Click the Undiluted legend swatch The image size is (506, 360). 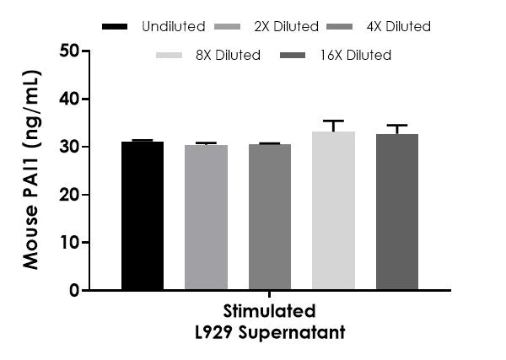click(x=115, y=27)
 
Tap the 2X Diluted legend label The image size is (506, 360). click(x=286, y=27)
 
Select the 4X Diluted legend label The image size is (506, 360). click(x=398, y=27)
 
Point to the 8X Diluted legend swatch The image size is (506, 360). click(x=170, y=56)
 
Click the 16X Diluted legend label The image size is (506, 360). click(x=358, y=56)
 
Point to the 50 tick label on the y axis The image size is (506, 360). click(x=71, y=51)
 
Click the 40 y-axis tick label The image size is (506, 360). click(x=71, y=99)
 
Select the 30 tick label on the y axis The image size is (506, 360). click(x=71, y=147)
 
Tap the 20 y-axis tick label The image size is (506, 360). click(x=71, y=195)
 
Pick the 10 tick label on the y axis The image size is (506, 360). click(x=71, y=243)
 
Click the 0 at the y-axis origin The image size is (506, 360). click(x=76, y=290)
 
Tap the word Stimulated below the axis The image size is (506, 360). click(x=270, y=310)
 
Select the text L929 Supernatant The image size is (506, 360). click(x=270, y=332)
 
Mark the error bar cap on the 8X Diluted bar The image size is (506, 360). click(x=333, y=121)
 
